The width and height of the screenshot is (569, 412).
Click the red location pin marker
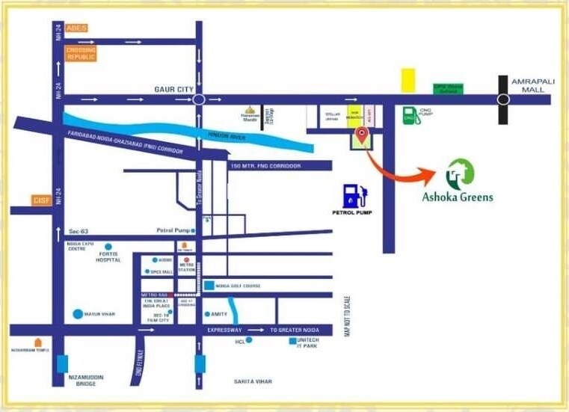[361, 135]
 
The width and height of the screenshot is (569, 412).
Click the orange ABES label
[76, 28]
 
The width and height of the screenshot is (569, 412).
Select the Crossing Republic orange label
[81, 53]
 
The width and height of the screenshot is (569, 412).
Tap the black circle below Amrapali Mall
[504, 99]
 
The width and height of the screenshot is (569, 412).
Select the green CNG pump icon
[409, 115]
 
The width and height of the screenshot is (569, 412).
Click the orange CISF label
[40, 200]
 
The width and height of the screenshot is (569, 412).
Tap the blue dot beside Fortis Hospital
[108, 246]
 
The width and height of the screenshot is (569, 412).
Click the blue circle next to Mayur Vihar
[79, 314]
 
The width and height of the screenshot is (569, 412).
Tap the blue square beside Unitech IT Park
[292, 341]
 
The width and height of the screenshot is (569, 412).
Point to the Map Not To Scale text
[347, 315]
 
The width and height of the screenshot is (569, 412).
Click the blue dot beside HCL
[249, 341]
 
